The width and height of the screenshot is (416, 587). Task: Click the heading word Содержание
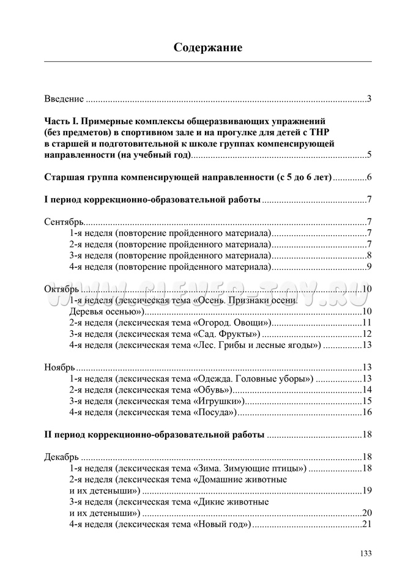[x=208, y=47]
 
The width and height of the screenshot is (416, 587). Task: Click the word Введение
[x=64, y=98]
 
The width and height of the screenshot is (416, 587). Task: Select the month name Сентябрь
[x=64, y=221]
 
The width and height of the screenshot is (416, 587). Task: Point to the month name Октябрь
[x=61, y=289]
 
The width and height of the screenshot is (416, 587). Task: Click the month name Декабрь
[x=62, y=457]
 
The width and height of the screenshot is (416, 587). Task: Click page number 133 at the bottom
[x=365, y=553]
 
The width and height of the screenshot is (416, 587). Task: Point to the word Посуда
[x=215, y=412]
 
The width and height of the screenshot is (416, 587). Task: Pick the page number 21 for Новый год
[x=368, y=524]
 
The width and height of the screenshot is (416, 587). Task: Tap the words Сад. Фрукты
[x=227, y=334]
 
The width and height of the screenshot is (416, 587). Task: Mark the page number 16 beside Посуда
[x=368, y=412]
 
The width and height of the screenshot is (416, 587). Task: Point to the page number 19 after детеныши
[x=368, y=490]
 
